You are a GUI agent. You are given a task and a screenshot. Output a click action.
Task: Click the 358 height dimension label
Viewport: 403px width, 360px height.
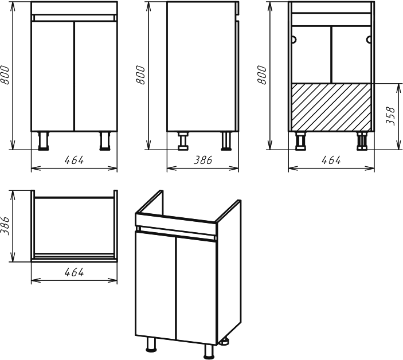pos(390,116)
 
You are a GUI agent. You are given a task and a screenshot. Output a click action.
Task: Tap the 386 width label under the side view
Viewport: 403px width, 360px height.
pos(203,161)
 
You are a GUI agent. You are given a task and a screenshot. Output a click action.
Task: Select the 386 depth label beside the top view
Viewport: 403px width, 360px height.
pos(5,226)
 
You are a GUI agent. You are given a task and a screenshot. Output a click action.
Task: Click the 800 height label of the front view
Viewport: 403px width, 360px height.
pos(5,75)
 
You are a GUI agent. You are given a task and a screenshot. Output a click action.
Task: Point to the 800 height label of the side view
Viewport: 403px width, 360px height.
pos(140,75)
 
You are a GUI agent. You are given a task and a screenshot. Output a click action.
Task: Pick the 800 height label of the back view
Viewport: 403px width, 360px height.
pos(262,75)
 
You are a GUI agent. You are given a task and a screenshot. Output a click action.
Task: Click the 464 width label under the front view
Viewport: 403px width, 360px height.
pos(74,161)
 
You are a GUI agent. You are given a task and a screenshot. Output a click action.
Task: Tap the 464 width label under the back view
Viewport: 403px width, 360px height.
pos(331,161)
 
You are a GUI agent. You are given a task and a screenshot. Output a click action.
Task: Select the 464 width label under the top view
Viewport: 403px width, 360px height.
pos(74,272)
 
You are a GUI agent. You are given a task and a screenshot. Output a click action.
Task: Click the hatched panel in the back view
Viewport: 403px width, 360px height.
pos(331,107)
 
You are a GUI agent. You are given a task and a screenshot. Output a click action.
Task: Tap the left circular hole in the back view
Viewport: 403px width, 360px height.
pos(294,40)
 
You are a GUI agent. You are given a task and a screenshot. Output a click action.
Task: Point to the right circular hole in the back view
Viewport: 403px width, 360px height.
pos(369,40)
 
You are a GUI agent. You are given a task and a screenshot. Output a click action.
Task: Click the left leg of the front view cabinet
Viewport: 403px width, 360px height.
pos(44,141)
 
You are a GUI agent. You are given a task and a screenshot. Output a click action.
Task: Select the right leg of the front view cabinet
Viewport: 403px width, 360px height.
pos(105,141)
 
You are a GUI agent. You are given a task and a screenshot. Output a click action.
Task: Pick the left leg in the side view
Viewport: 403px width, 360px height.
pos(183,141)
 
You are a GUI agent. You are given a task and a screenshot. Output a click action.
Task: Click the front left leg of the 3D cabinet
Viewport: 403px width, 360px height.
pos(151,345)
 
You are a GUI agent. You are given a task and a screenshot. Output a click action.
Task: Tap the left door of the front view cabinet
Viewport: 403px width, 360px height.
pos(52,76)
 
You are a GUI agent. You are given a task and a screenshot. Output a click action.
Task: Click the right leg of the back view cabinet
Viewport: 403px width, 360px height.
pos(362,141)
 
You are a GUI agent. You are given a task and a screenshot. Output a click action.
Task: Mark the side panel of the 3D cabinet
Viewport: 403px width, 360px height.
pos(229,270)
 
